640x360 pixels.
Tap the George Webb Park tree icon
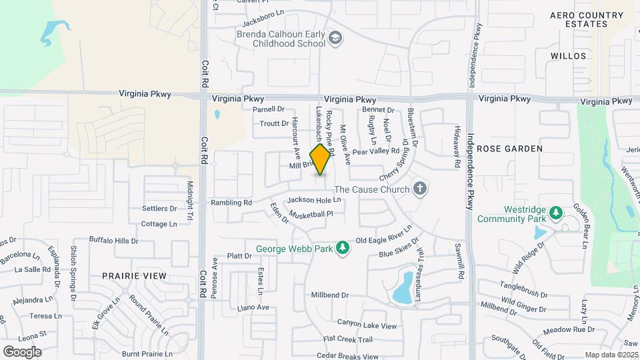(343, 248)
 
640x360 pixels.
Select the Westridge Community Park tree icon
(555, 213)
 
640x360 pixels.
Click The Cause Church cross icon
(419, 189)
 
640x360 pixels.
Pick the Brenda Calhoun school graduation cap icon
(335, 39)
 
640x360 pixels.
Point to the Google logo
(22, 351)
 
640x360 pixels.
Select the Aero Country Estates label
(587, 19)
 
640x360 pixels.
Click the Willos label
(568, 56)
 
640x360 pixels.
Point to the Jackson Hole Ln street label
(314, 200)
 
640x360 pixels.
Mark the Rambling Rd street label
(231, 202)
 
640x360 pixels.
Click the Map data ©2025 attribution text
(611, 355)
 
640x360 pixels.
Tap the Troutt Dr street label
(273, 123)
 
